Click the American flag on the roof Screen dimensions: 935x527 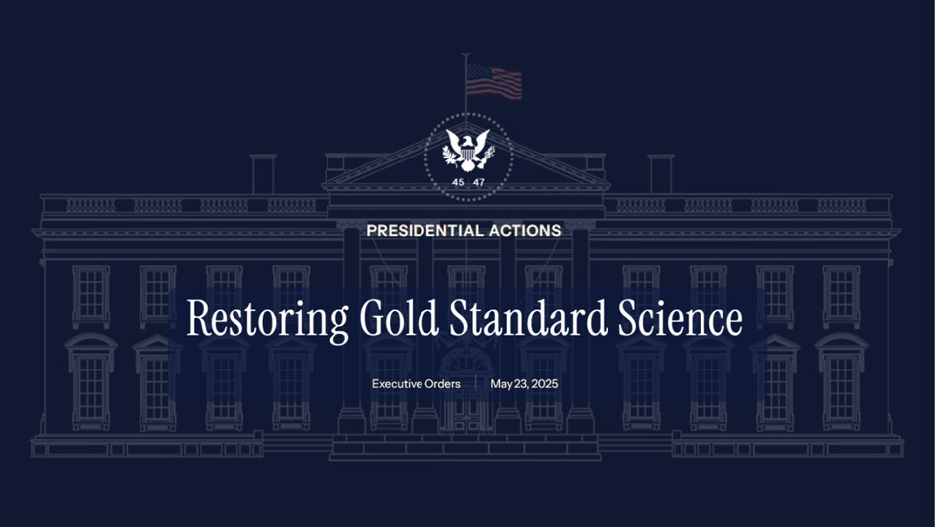494,82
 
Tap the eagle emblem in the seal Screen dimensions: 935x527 468,151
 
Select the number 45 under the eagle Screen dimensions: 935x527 458,182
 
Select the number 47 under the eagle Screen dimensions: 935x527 479,182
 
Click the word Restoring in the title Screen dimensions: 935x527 268,319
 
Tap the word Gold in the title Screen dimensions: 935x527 400,317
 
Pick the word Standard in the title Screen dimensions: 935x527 528,317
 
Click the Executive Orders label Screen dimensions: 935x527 417,384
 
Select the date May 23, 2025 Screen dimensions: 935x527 524,384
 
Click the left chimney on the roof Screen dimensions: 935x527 263,174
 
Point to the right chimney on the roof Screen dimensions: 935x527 661,174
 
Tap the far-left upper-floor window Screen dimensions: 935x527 91,296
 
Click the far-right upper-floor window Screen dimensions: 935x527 841,296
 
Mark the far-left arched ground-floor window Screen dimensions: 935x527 91,381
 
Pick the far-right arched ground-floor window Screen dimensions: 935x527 841,381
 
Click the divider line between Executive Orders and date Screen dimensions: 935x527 475,384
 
